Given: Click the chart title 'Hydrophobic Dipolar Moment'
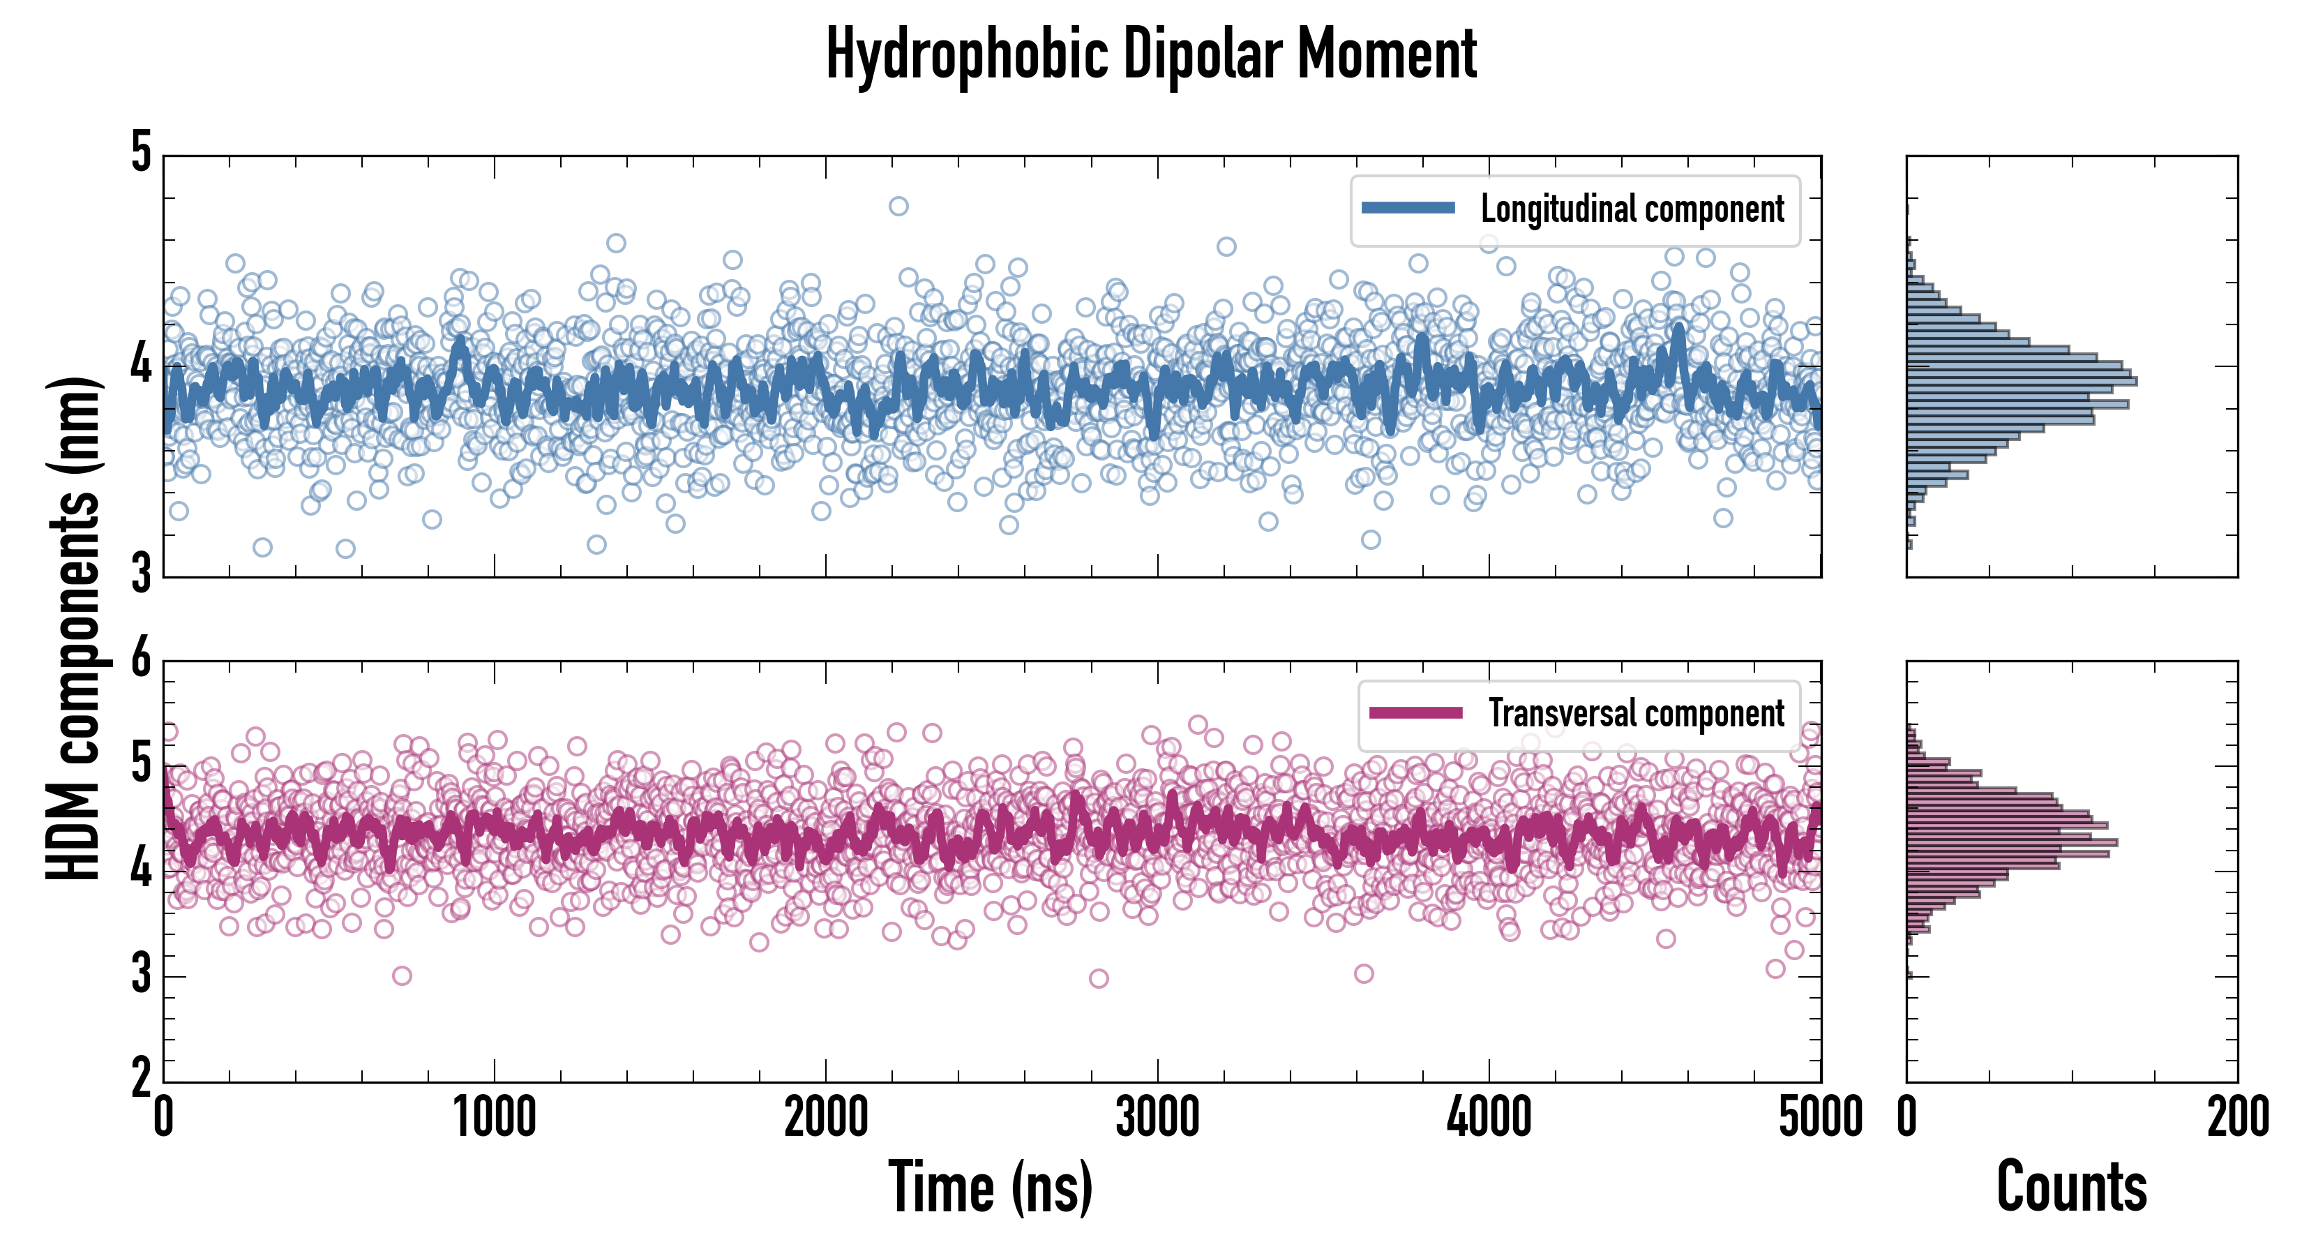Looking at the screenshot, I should [x=1151, y=55].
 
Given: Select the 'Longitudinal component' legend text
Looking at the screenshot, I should [x=1632, y=209].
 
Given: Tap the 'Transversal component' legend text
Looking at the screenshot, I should [x=1635, y=713].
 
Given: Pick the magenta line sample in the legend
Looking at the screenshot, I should [x=1415, y=712].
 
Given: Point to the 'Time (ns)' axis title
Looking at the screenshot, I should [x=990, y=1186].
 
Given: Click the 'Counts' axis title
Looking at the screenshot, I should [x=2071, y=1186].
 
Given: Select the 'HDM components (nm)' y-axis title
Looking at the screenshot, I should [x=73, y=629].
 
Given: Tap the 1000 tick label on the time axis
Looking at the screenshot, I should [x=494, y=1117].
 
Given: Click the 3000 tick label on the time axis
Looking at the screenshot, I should [x=1157, y=1117].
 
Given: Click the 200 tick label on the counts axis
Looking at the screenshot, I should [x=2238, y=1117].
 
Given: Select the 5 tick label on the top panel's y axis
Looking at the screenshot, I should [x=141, y=154].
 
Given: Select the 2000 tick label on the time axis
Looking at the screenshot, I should [x=826, y=1117].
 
